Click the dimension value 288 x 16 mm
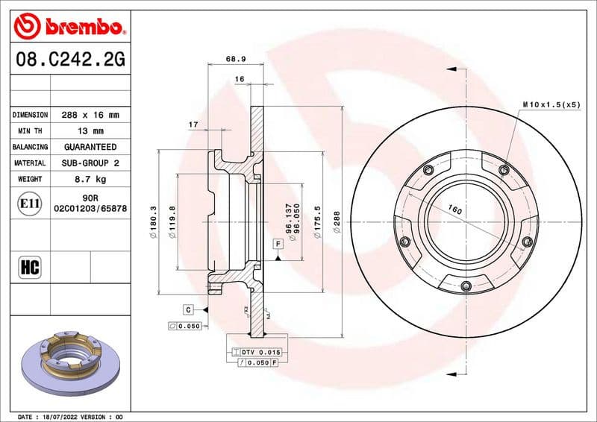tap(90, 115)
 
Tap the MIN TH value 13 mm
tap(90, 131)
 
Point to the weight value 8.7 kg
tap(90, 179)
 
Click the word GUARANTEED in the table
tap(90, 147)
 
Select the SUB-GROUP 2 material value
tap(90, 163)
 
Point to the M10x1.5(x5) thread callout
tap(551, 104)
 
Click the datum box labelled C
tap(189, 309)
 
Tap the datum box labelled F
tap(277, 244)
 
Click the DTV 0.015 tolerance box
tap(259, 351)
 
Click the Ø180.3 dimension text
tap(153, 221)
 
